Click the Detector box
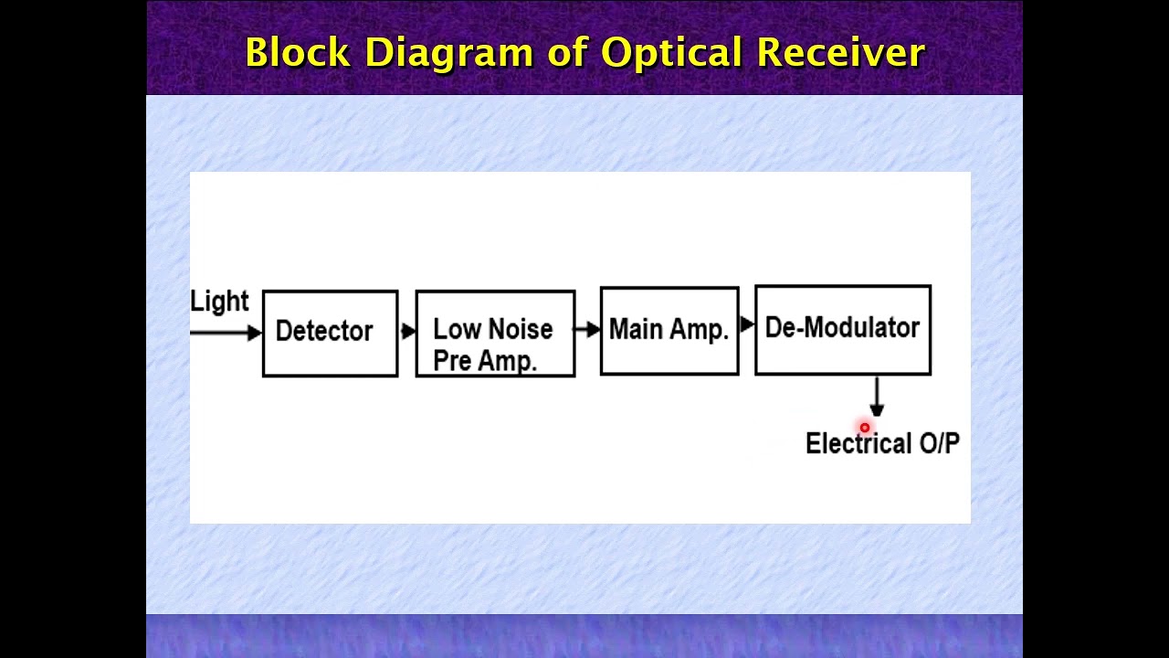click(x=330, y=333)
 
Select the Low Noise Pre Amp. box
click(x=495, y=334)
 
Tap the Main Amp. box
click(x=669, y=331)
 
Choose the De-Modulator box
click(x=843, y=329)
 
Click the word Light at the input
click(x=219, y=302)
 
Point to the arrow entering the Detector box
click(x=226, y=333)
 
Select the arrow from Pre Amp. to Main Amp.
click(x=587, y=329)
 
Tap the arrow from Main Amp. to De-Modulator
click(x=747, y=324)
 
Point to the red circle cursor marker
click(x=865, y=428)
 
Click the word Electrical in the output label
click(x=858, y=444)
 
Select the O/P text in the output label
click(x=940, y=444)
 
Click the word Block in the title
click(x=298, y=53)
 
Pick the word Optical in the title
click(x=671, y=53)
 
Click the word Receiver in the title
click(x=840, y=53)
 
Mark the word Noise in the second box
click(x=518, y=329)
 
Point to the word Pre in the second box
click(x=452, y=361)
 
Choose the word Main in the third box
click(x=637, y=330)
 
